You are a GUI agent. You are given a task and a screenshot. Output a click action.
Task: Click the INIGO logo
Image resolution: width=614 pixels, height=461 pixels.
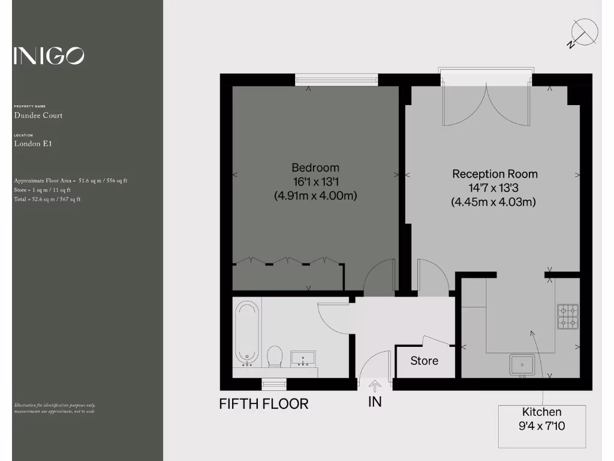point(49,56)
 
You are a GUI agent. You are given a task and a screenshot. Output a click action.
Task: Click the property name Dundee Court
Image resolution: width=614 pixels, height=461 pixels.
point(38,115)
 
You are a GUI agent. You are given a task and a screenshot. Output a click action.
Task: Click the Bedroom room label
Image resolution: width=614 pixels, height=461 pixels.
point(315,168)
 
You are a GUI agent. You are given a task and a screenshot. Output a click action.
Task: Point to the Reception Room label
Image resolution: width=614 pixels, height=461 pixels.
point(495,174)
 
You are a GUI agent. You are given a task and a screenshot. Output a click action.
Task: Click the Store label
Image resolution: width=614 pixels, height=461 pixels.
point(424,361)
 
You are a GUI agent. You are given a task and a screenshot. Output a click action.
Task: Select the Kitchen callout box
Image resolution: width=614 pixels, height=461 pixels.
point(542,426)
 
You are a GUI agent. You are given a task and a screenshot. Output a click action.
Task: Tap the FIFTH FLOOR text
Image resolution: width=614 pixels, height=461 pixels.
point(264,404)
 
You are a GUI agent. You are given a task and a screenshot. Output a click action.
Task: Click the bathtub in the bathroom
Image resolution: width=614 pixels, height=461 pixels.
point(247,333)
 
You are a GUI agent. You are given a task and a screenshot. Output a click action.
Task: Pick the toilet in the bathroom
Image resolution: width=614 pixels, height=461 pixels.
point(275,356)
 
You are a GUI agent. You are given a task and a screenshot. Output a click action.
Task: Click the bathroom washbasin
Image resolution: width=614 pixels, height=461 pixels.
point(302,359)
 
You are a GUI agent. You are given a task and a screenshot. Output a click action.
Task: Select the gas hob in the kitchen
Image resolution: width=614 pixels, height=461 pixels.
point(568,317)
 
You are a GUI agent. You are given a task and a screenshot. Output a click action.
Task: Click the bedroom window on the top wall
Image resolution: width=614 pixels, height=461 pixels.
point(336,80)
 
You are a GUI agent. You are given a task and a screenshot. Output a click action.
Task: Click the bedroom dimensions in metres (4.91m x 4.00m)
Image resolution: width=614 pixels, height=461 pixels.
point(315,196)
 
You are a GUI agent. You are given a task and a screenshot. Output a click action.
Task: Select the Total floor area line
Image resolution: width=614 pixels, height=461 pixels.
point(47,199)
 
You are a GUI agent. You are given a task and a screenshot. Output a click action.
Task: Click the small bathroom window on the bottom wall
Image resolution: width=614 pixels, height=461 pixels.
point(274,384)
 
